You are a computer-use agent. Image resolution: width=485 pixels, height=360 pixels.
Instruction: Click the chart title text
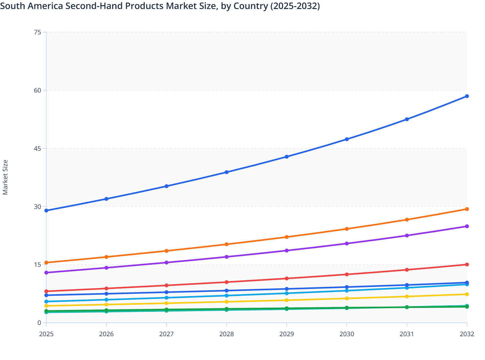(160, 6)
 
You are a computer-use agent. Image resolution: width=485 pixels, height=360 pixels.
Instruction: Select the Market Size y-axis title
(5, 177)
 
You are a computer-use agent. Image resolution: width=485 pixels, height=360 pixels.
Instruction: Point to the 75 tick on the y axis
(37, 32)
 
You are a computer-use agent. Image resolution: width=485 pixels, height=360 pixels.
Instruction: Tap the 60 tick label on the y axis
(37, 90)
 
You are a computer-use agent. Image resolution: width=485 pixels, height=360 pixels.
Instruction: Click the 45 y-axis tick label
(37, 148)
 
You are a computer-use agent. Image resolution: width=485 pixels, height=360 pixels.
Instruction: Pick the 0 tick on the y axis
(39, 323)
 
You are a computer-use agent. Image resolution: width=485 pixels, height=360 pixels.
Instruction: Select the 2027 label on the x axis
(166, 334)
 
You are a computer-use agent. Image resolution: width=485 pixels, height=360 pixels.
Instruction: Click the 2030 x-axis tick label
(347, 334)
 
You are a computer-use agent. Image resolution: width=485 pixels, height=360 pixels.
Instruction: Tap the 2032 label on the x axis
(467, 334)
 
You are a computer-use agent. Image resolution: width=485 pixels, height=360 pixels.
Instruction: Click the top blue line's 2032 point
(467, 96)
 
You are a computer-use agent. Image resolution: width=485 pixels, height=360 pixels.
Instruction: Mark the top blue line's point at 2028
(226, 172)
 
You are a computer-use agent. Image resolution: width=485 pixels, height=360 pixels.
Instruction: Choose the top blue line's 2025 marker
(46, 211)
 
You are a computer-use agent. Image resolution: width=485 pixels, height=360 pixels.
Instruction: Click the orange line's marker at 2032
(467, 209)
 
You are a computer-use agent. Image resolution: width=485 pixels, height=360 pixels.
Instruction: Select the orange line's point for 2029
(287, 237)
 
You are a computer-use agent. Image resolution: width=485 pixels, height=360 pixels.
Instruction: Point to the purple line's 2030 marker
(347, 244)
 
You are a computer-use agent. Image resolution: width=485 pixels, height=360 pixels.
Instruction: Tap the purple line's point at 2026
(106, 268)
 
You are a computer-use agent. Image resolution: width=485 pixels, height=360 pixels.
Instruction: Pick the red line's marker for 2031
(407, 270)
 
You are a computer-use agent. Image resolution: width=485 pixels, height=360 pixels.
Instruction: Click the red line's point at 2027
(166, 285)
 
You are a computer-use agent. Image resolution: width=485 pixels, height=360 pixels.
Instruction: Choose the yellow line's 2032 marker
(467, 294)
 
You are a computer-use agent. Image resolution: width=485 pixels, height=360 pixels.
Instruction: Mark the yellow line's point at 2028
(226, 302)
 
